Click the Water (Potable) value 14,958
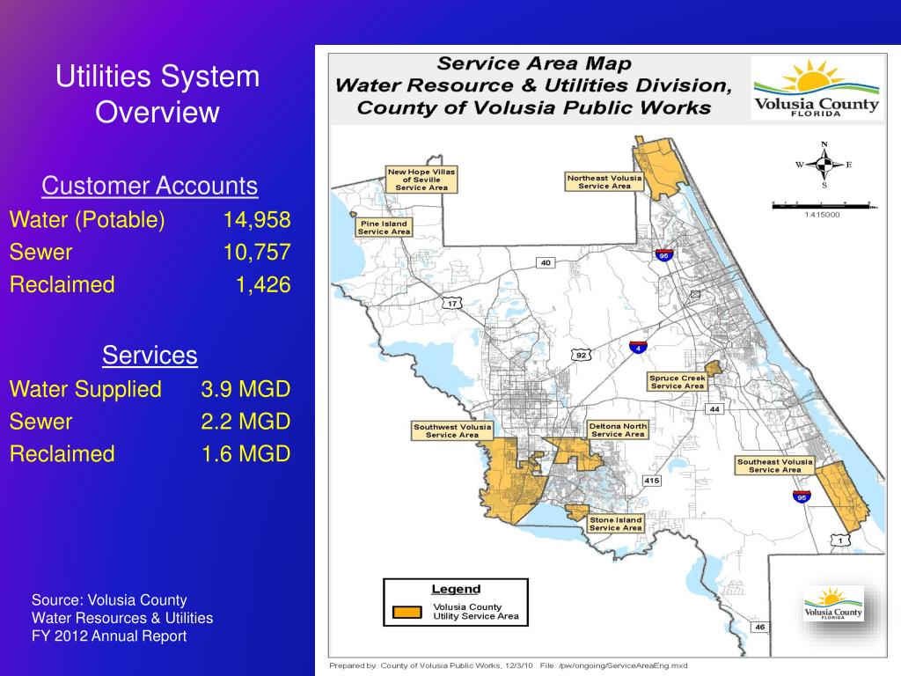click(x=256, y=219)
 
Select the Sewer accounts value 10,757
click(x=256, y=253)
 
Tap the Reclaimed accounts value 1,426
click(x=262, y=285)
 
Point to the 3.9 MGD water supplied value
click(x=245, y=389)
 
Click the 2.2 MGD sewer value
click(x=245, y=422)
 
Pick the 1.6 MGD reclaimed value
click(x=245, y=454)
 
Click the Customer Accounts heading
click(x=150, y=186)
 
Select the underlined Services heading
click(x=150, y=356)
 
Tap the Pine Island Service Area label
click(x=384, y=227)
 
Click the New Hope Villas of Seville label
click(x=421, y=179)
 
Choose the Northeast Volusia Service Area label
click(x=604, y=181)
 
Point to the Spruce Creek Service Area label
click(x=677, y=382)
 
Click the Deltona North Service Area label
click(x=618, y=430)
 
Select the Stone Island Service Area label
click(x=615, y=524)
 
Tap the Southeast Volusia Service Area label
click(x=774, y=466)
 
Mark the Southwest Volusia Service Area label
click(x=452, y=430)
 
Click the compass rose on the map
click(x=824, y=165)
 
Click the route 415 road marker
click(x=651, y=481)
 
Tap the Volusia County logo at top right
click(x=815, y=89)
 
